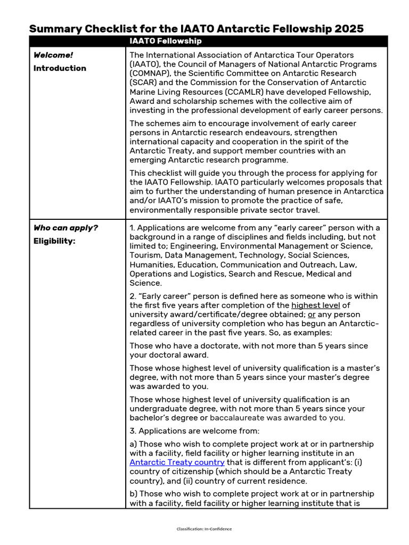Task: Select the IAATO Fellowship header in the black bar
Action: coord(165,41)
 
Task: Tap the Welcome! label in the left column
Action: coord(53,55)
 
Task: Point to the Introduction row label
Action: coord(60,68)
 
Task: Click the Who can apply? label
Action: coord(66,228)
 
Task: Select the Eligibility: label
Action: coord(54,241)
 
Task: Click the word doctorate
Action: coord(212,346)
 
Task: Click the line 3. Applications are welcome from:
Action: coord(194,431)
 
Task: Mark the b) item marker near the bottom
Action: coord(134,493)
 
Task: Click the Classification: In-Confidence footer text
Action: coord(204,529)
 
